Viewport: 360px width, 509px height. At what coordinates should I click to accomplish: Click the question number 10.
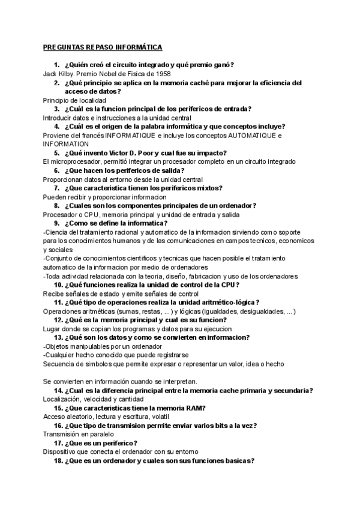(58, 285)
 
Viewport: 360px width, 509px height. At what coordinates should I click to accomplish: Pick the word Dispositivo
(62, 452)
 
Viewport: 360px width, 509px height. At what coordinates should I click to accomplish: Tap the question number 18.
(58, 461)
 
